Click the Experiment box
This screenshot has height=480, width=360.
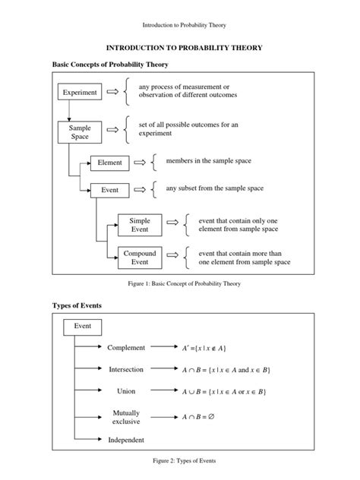[x=80, y=93]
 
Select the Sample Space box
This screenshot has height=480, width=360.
[x=80, y=133]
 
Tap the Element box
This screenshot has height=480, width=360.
[x=109, y=163]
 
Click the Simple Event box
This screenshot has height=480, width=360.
[x=140, y=224]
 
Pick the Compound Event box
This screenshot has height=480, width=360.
[x=140, y=258]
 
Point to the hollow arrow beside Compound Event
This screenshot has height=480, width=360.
[x=172, y=258]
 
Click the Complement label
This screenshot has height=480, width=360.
[x=126, y=347]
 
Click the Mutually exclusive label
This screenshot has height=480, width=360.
[x=126, y=417]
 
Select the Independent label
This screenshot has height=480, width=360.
[x=126, y=440]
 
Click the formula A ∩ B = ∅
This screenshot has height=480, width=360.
[x=204, y=417]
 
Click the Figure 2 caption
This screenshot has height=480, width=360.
[x=179, y=461]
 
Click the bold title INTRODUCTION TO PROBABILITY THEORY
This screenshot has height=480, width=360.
[x=179, y=47]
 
